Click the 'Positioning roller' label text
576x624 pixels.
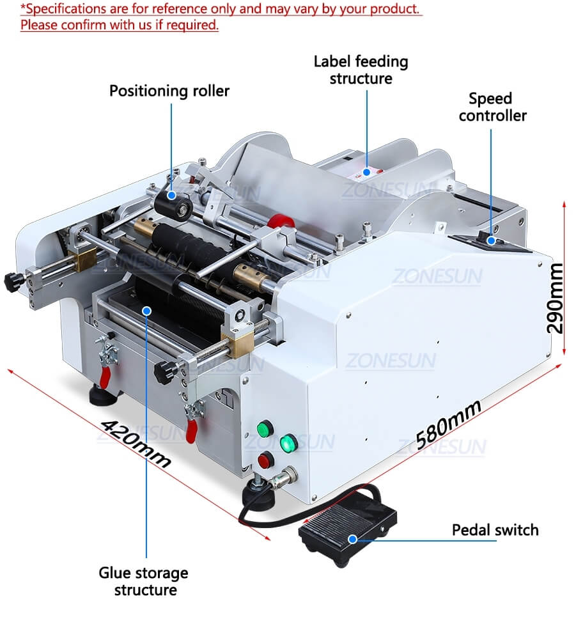tap(169, 91)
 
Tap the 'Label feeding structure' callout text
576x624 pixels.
tap(361, 70)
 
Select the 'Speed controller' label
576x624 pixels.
tap(492, 107)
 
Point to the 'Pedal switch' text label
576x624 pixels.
tap(495, 530)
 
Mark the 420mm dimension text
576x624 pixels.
tap(136, 442)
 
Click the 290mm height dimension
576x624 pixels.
tap(555, 298)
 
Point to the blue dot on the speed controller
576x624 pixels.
tap(491, 240)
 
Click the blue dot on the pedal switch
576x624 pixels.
tap(352, 539)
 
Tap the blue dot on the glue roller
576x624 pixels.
tap(146, 311)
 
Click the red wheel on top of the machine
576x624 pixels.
tap(281, 222)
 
